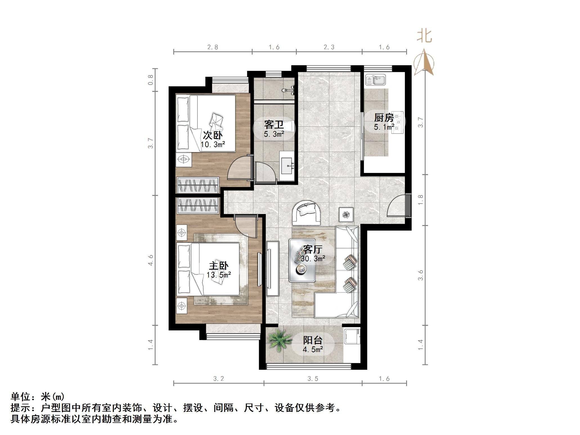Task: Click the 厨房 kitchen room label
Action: [384, 118]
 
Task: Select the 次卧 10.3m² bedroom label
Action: [213, 139]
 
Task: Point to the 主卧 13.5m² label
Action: [219, 270]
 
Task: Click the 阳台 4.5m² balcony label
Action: [313, 344]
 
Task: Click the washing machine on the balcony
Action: [352, 336]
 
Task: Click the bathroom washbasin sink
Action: [287, 166]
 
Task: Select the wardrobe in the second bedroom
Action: [198, 185]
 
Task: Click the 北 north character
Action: [424, 37]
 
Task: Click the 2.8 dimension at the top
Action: [213, 47]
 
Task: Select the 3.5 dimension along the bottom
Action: [313, 379]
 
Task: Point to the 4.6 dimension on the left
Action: [151, 260]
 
